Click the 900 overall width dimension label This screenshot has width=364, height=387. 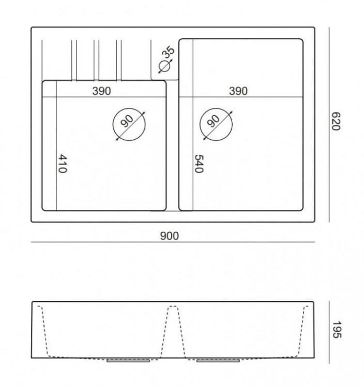tap(170, 236)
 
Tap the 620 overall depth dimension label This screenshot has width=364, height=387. tap(336, 121)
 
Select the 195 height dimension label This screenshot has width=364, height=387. tap(337, 330)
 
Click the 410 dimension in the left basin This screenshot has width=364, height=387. tap(63, 164)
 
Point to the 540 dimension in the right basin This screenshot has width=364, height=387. tap(199, 164)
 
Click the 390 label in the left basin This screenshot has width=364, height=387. tap(101, 91)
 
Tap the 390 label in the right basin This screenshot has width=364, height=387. tap(238, 91)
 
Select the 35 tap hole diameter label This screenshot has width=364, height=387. tap(168, 52)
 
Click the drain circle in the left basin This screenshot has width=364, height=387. tap(129, 108)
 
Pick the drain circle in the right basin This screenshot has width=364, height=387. tap(216, 108)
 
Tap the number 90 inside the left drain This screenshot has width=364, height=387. tap(127, 121)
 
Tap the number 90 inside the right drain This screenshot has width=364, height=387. tap(213, 121)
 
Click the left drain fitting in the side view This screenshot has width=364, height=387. tap(128, 361)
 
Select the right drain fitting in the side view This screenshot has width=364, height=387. tap(218, 361)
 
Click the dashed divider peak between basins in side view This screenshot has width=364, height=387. tap(173, 307)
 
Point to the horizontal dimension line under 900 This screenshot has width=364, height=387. tap(173, 242)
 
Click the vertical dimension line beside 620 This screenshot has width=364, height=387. tap(329, 125)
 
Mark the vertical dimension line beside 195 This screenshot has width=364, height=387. tap(329, 332)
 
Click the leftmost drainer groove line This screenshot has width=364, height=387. tap(42, 60)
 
